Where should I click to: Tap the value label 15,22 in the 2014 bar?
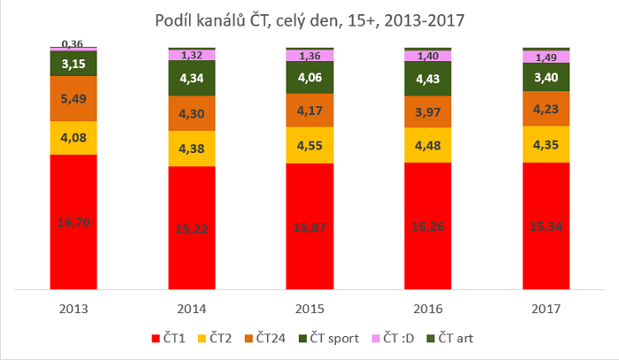[x=192, y=227]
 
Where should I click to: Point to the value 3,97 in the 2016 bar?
[x=427, y=112]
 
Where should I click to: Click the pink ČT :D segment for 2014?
[x=192, y=55]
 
